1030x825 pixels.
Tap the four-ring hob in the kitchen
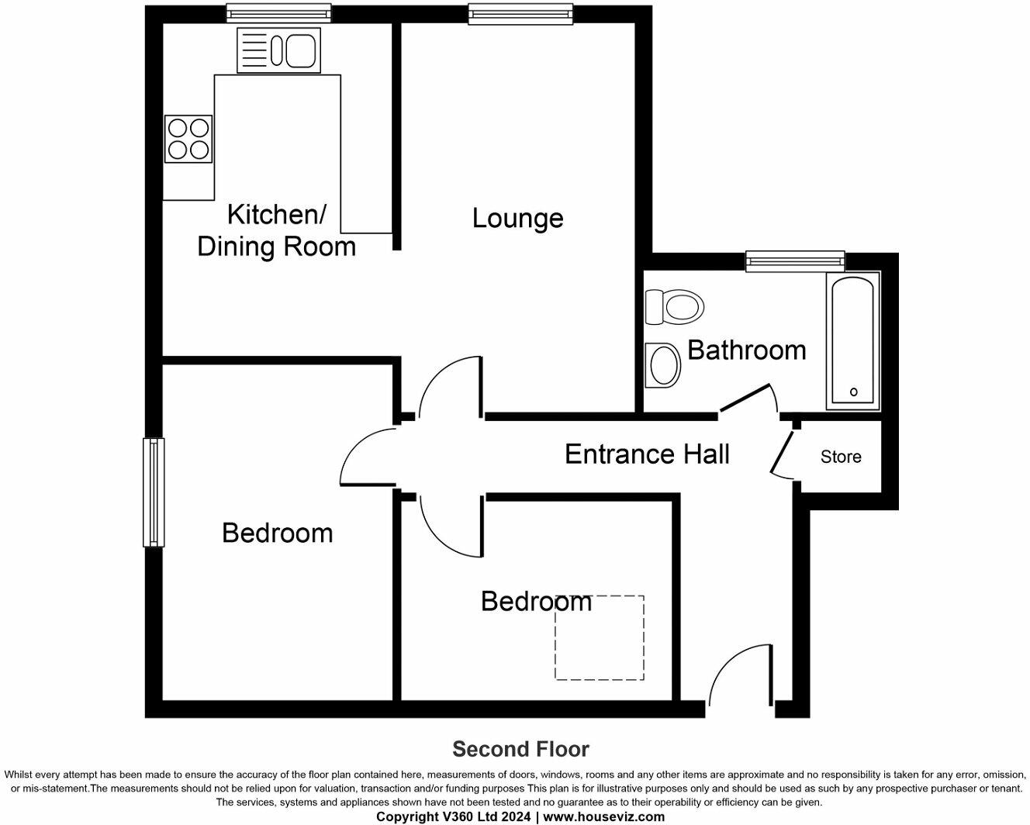click(x=188, y=139)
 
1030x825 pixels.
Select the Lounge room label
click(x=517, y=218)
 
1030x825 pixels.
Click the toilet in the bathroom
click(x=673, y=306)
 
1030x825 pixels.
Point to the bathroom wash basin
click(x=664, y=365)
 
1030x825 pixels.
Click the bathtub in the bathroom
click(x=853, y=341)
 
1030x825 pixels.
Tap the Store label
click(x=841, y=457)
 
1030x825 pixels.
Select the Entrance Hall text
click(x=647, y=454)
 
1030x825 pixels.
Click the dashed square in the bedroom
click(x=599, y=637)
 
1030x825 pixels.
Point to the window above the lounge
click(x=520, y=13)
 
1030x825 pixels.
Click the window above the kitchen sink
click(x=278, y=13)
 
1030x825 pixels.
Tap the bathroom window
click(x=795, y=261)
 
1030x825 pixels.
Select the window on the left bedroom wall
click(x=154, y=492)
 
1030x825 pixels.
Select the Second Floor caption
click(x=520, y=749)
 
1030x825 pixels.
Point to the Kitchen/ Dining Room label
click(x=276, y=230)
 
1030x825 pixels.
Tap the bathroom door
click(x=746, y=398)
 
